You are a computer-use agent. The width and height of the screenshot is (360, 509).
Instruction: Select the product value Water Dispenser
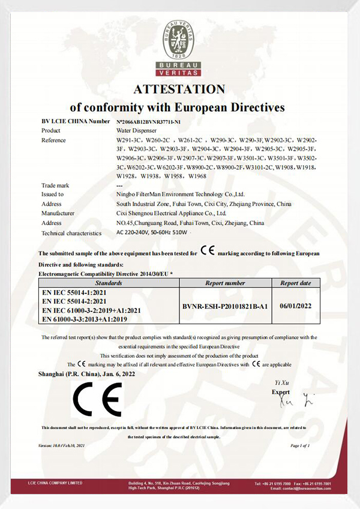click(x=135, y=130)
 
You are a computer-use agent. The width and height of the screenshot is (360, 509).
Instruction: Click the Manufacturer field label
click(x=58, y=212)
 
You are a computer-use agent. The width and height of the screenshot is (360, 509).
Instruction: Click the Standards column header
click(x=109, y=282)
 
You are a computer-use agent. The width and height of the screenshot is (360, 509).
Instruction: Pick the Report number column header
click(x=225, y=282)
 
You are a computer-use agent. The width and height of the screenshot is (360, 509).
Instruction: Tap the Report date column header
click(x=296, y=282)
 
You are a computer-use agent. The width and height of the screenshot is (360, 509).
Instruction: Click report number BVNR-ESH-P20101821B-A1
click(x=225, y=305)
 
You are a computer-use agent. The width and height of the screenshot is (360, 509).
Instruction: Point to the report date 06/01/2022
click(x=296, y=305)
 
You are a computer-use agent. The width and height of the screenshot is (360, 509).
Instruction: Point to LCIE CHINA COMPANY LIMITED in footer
click(x=55, y=483)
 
